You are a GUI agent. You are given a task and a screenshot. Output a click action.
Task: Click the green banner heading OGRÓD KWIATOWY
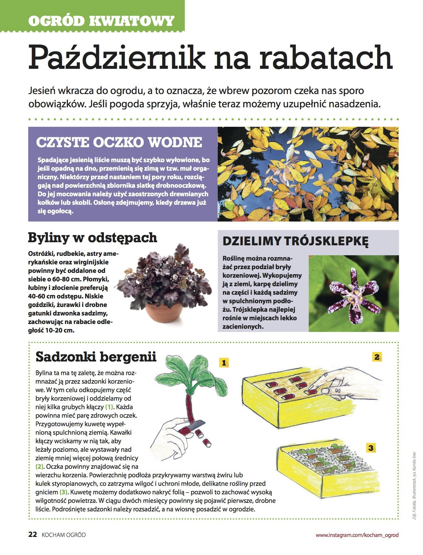[x=101, y=21]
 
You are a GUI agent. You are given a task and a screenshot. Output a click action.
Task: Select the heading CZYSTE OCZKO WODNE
[x=119, y=142]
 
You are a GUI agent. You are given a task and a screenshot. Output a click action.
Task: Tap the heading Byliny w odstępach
[x=92, y=237]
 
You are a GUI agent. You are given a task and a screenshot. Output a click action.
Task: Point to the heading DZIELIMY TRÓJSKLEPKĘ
[x=296, y=241]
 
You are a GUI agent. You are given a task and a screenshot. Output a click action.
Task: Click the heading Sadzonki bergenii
[x=96, y=357]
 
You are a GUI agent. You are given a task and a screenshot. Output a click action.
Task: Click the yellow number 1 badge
[x=224, y=363]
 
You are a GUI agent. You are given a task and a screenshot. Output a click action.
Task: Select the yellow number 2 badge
[x=377, y=357]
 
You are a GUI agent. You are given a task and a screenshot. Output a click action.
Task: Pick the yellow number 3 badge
[x=371, y=448]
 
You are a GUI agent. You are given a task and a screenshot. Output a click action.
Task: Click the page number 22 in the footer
[x=32, y=535]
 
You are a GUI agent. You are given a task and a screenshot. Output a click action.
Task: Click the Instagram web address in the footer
[x=357, y=535]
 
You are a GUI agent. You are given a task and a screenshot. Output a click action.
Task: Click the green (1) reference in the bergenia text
[x=109, y=407]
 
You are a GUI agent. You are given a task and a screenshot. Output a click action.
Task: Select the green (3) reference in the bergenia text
[x=64, y=492]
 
